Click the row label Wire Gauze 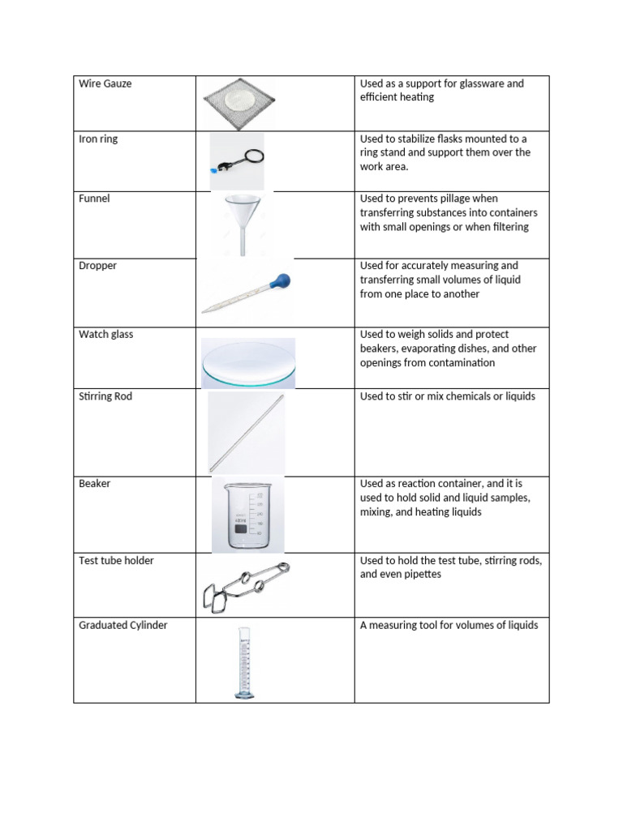coord(105,83)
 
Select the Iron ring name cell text coord(98,139)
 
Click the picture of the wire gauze coord(238,104)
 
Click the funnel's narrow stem coord(243,242)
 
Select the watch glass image coord(247,363)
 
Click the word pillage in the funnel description coord(448,199)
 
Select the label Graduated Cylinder coord(123,625)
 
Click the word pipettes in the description coord(418,575)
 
